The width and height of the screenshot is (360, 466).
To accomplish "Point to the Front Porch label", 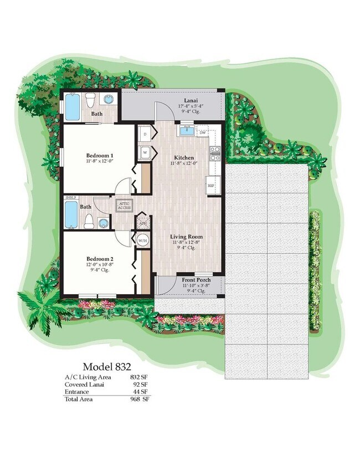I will pyautogui.click(x=196, y=280).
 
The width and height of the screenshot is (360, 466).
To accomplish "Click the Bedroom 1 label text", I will pyautogui.click(x=100, y=155).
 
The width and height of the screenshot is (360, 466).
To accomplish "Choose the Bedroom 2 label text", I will pyautogui.click(x=100, y=259).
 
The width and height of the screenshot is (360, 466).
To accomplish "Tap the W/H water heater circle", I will pyautogui.click(x=142, y=240).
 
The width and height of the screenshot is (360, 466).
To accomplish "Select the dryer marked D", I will pyautogui.click(x=144, y=134).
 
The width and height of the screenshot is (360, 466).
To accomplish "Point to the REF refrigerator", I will pyautogui.click(x=210, y=186).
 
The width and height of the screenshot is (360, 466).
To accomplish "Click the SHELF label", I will pyautogui.click(x=70, y=197).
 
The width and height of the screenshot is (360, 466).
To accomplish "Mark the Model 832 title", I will pyautogui.click(x=106, y=367).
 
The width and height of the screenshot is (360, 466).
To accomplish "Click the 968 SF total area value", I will pyautogui.click(x=140, y=398).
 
